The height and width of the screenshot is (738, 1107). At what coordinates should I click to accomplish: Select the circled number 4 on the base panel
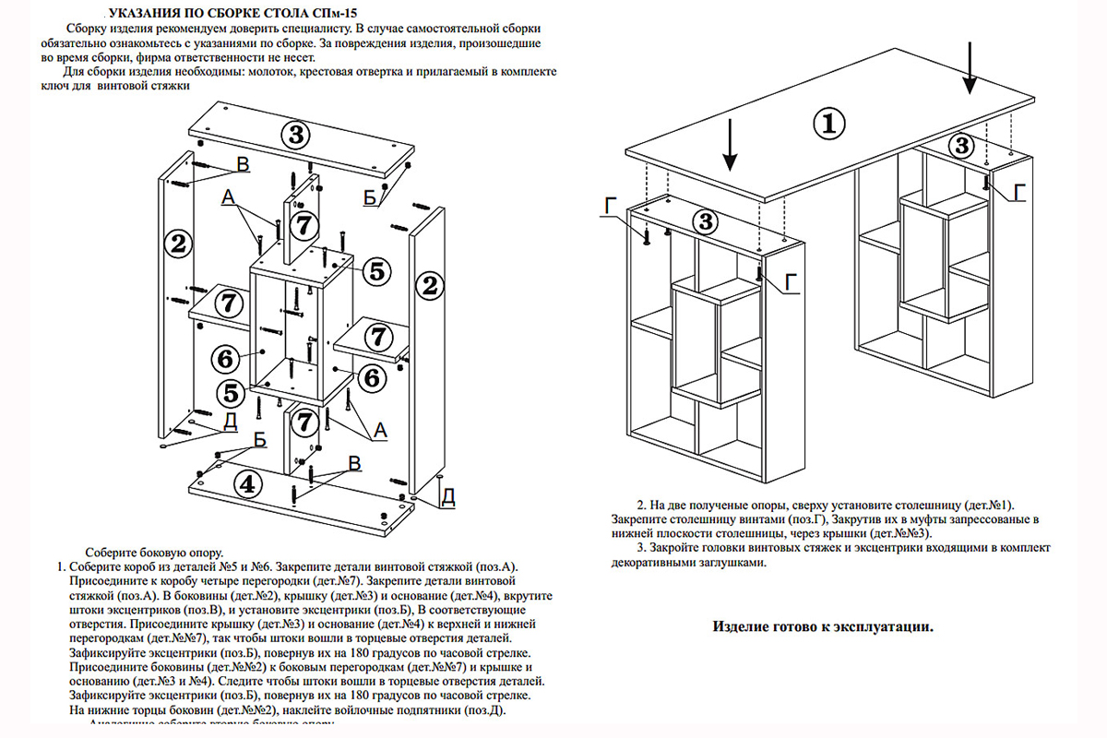(244, 482)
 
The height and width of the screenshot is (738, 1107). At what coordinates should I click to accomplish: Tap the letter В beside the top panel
(243, 164)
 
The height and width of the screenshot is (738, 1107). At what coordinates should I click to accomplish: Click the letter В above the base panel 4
(353, 462)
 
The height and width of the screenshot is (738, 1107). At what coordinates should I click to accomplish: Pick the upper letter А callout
(228, 197)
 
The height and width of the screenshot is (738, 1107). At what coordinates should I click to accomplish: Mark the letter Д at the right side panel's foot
(447, 496)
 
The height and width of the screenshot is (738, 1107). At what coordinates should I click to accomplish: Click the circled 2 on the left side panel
(178, 244)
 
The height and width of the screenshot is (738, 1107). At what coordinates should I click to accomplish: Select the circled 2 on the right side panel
(427, 285)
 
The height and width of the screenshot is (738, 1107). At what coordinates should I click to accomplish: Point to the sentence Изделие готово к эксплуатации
(823, 627)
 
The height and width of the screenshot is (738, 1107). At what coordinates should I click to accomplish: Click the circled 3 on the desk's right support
(961, 145)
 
